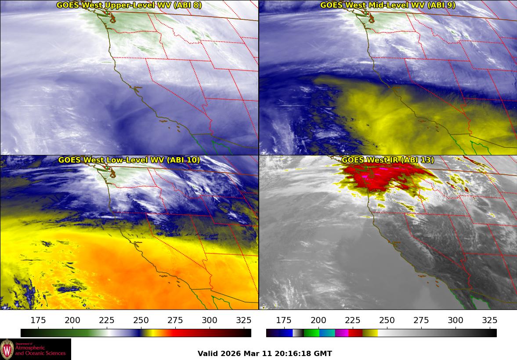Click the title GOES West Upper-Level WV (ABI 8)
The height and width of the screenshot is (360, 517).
point(129,5)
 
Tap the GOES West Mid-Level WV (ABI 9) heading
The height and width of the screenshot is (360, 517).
point(387,5)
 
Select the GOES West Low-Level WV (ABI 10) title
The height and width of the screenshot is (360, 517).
point(129,160)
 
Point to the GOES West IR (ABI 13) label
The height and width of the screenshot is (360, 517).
point(387,160)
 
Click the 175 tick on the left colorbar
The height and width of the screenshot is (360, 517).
point(39,320)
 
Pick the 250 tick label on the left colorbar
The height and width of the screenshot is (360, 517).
point(141,320)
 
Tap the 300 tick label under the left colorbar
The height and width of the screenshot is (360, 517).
point(210,320)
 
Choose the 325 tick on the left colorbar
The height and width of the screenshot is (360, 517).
point(244,320)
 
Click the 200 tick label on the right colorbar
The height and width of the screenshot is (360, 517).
point(318,320)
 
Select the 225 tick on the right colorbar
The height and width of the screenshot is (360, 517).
point(353,320)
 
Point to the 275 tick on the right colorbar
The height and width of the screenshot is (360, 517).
point(421,320)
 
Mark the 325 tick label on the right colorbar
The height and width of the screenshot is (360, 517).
point(489,320)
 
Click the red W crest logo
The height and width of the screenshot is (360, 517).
point(7,349)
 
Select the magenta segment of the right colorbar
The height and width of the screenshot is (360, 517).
point(342,333)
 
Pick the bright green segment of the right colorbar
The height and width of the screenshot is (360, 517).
point(312,333)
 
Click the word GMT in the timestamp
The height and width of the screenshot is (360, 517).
point(324,353)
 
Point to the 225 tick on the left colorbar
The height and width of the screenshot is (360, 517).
point(107,320)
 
